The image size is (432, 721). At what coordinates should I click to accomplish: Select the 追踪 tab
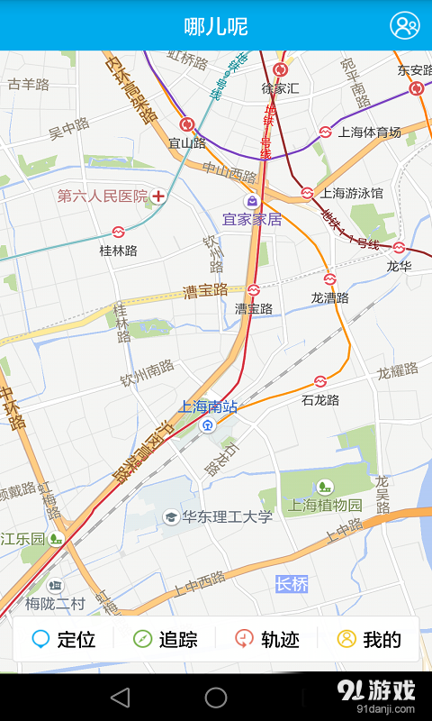click(x=166, y=640)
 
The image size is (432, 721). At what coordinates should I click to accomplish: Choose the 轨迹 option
click(x=267, y=640)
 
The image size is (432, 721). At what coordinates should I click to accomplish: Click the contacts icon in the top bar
click(x=404, y=26)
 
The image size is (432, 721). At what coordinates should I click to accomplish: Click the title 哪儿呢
click(x=216, y=26)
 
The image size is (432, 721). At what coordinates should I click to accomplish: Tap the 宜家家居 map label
click(x=252, y=219)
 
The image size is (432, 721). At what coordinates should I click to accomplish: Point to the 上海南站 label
click(x=209, y=406)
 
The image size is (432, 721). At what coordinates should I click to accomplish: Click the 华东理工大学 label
click(x=227, y=516)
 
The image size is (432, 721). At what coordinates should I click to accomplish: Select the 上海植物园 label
click(x=325, y=506)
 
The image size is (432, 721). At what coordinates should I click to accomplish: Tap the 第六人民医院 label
click(x=102, y=196)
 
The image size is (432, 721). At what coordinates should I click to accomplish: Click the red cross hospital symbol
click(x=159, y=196)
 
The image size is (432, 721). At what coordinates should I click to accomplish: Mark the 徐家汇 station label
click(x=280, y=88)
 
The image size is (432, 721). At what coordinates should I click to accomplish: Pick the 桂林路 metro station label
click(x=118, y=251)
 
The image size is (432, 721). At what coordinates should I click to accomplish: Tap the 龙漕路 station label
click(x=329, y=297)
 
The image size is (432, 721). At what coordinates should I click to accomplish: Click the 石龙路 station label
click(x=320, y=399)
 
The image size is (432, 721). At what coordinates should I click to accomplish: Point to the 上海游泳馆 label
click(x=352, y=193)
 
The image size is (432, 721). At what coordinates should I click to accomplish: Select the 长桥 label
click(x=292, y=584)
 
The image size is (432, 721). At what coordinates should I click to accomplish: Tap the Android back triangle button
click(x=120, y=697)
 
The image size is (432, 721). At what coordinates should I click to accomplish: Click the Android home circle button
click(x=216, y=697)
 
